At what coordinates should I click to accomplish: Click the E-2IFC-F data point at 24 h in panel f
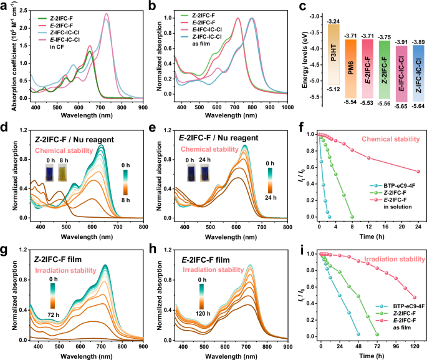click(418, 172)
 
